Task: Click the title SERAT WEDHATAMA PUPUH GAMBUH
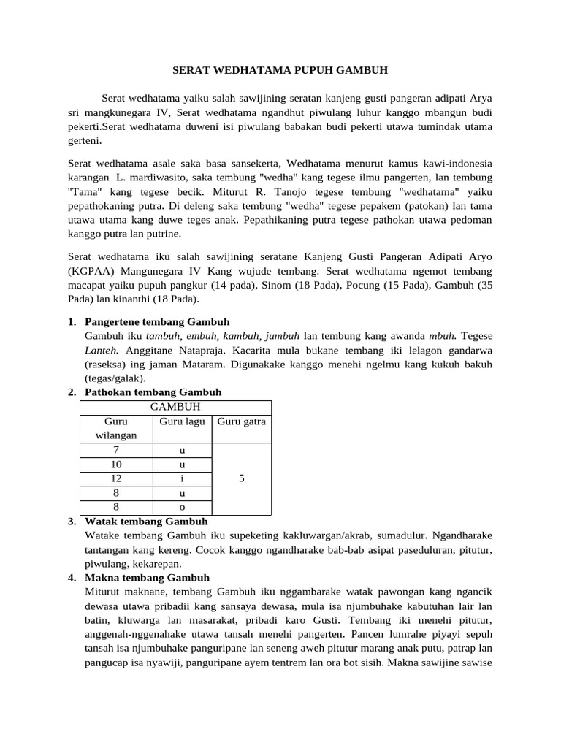pyautogui.click(x=280, y=71)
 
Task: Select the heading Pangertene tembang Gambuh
pyautogui.click(x=157, y=322)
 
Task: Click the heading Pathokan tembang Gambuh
pyautogui.click(x=153, y=392)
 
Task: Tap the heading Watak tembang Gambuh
pyautogui.click(x=146, y=522)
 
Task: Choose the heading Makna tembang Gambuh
pyautogui.click(x=147, y=578)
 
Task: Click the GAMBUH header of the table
pyautogui.click(x=175, y=407)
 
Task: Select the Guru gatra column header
pyautogui.click(x=242, y=421)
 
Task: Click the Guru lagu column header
pyautogui.click(x=182, y=421)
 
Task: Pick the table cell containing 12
pyautogui.click(x=116, y=478)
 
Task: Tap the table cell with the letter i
pyautogui.click(x=182, y=478)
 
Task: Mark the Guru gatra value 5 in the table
pyautogui.click(x=242, y=478)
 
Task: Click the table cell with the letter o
pyautogui.click(x=182, y=507)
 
